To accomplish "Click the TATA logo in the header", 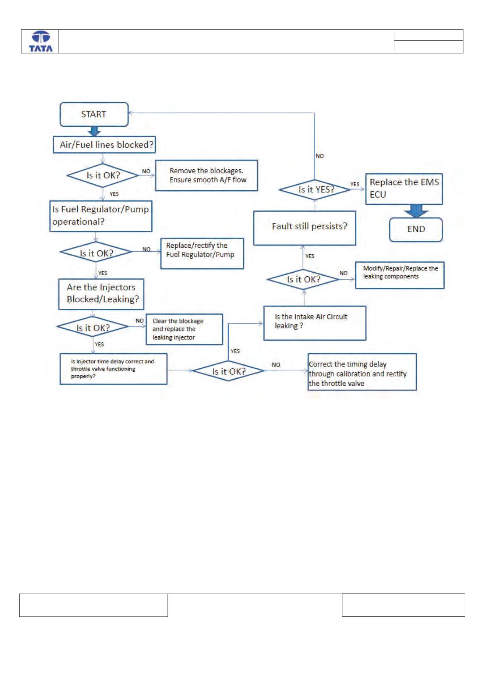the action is click(41, 41).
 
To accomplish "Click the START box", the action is click(94, 114).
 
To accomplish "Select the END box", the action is click(416, 230).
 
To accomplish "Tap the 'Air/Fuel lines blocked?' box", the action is click(104, 145).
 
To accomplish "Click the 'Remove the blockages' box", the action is click(207, 175).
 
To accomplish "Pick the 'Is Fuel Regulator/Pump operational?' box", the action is click(101, 216).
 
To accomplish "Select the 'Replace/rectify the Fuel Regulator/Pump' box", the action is click(202, 253).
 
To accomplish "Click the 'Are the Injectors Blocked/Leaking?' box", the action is click(101, 294).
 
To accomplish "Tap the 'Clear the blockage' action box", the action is click(184, 329).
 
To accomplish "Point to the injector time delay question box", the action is click(114, 369).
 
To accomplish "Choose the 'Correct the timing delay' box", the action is click(362, 372).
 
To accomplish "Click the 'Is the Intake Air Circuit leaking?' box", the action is click(314, 323).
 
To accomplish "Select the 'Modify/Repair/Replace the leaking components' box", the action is click(399, 275).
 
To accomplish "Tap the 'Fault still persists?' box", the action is click(304, 228).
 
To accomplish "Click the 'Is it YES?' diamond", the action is click(315, 190).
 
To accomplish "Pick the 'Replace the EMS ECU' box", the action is click(404, 189).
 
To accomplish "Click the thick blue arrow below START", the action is click(94, 132).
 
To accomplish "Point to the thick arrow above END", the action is click(416, 211).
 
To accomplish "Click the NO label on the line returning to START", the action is click(319, 156).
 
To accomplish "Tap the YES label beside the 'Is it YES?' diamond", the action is click(355, 184).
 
